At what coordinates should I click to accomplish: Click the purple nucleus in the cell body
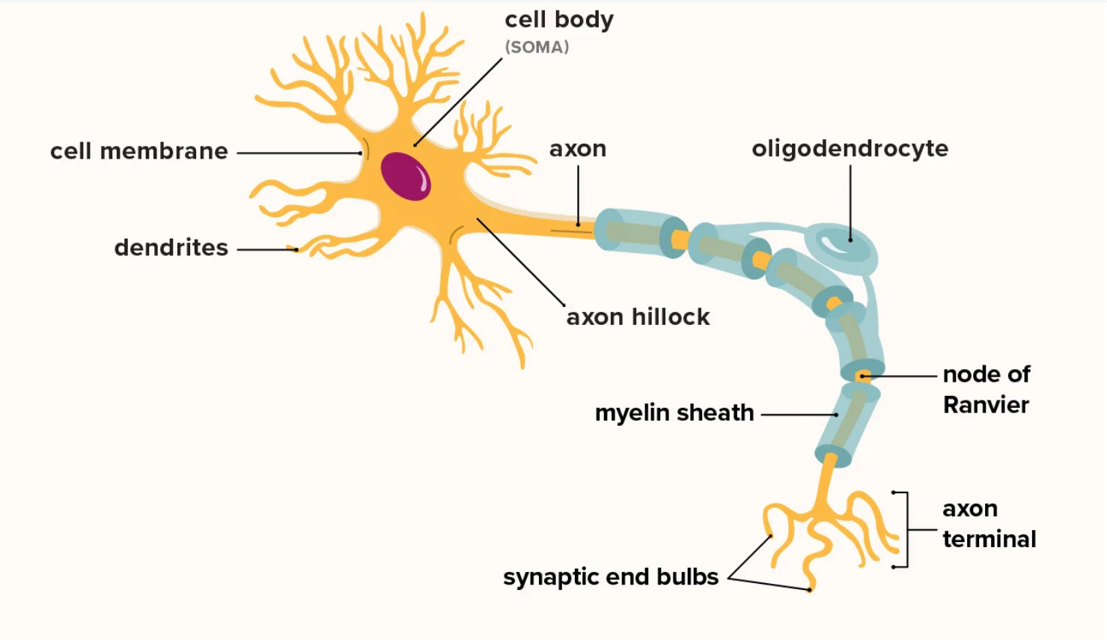click(x=405, y=177)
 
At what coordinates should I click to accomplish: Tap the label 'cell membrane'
click(x=139, y=151)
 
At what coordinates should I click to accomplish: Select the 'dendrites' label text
click(x=171, y=248)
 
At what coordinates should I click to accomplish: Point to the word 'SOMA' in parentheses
click(x=537, y=47)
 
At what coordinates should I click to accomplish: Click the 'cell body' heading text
click(x=558, y=19)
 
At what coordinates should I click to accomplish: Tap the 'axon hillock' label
click(x=638, y=317)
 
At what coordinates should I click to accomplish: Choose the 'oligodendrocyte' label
click(x=850, y=148)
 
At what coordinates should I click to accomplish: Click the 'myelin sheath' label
click(x=674, y=412)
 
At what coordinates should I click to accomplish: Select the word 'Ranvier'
click(x=986, y=405)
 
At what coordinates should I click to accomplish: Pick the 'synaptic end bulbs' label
click(x=610, y=577)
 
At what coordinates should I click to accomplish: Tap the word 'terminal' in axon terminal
click(x=989, y=539)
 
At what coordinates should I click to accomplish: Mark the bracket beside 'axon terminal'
click(x=906, y=529)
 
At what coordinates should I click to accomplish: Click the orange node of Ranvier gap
click(x=862, y=376)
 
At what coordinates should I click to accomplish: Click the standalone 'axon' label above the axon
click(x=578, y=149)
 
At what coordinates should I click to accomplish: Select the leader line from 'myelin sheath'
click(x=798, y=414)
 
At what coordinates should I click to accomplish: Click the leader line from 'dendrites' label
click(x=266, y=249)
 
